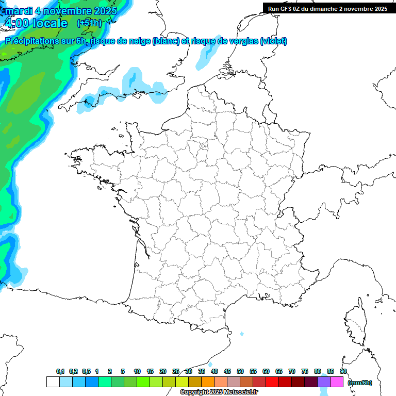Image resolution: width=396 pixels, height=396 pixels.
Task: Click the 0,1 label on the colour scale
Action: point(60,371)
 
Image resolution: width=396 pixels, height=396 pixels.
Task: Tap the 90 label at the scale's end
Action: point(343,371)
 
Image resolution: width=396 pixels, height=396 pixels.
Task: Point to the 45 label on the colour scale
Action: point(227,371)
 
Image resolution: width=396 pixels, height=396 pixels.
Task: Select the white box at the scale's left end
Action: point(53,382)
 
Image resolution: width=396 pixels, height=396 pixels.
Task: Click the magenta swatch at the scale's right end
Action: point(337,382)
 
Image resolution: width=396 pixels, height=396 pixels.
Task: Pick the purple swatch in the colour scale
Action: point(324,382)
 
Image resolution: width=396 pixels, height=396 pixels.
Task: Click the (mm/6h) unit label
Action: point(360,383)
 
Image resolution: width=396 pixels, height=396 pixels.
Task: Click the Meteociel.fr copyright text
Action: point(219,392)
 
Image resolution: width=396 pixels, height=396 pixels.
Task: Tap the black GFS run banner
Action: point(329,9)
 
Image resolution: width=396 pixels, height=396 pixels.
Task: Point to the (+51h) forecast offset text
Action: point(89,23)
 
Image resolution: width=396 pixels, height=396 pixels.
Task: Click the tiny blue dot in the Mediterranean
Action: point(242,334)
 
